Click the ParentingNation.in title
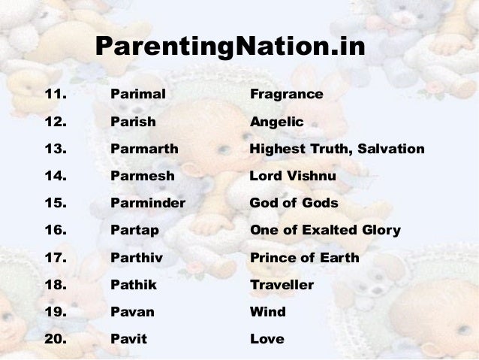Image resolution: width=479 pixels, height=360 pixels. pyautogui.click(x=230, y=49)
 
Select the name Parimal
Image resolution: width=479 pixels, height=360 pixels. pyautogui.click(x=137, y=95)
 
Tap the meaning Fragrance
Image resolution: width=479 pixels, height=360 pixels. pyautogui.click(x=286, y=95)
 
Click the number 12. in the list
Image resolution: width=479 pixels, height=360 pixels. pyautogui.click(x=56, y=122)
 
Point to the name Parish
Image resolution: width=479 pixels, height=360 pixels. pyautogui.click(x=133, y=122)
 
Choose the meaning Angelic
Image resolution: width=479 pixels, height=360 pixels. pyautogui.click(x=276, y=122)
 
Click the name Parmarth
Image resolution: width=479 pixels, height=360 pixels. pyautogui.click(x=144, y=149)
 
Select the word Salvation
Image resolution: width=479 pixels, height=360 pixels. pyautogui.click(x=390, y=149)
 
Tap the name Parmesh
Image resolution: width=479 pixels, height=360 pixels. pyautogui.click(x=142, y=176)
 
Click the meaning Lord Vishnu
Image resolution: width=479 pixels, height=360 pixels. pyautogui.click(x=293, y=176)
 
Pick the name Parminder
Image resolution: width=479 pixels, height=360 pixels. pyautogui.click(x=147, y=203)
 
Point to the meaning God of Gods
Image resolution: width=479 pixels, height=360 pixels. pyautogui.click(x=294, y=203)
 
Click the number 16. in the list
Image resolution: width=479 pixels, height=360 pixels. pyautogui.click(x=56, y=230)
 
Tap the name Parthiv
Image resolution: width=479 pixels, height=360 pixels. pyautogui.click(x=137, y=258)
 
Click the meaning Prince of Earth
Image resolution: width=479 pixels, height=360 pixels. pyautogui.click(x=304, y=258)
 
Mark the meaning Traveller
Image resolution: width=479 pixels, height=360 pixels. pyautogui.click(x=282, y=285)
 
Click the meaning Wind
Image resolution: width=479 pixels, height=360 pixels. pyautogui.click(x=267, y=312)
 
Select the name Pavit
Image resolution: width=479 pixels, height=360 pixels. pyautogui.click(x=128, y=339)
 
